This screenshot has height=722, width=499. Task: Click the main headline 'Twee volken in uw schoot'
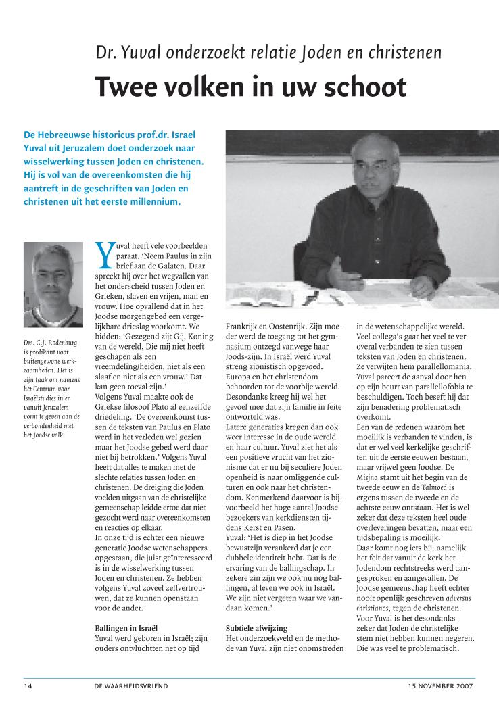coord(250,87)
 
